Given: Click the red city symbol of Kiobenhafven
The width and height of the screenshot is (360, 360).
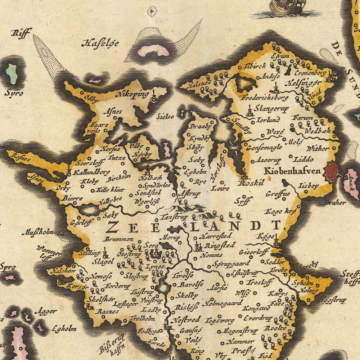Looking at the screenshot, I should (332, 171).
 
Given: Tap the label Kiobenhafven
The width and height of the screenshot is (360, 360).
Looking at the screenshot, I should (292, 171).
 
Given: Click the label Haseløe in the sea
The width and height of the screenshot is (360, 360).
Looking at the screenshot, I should (100, 44).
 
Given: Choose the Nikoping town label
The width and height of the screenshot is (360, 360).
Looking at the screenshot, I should (132, 95).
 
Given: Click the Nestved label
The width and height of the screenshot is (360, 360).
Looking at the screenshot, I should (185, 319).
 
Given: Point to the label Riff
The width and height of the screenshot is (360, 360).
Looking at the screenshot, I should (21, 33).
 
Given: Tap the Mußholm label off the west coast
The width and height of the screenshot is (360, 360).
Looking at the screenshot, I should (37, 233).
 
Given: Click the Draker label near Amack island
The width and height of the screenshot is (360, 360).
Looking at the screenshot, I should (335, 203).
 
